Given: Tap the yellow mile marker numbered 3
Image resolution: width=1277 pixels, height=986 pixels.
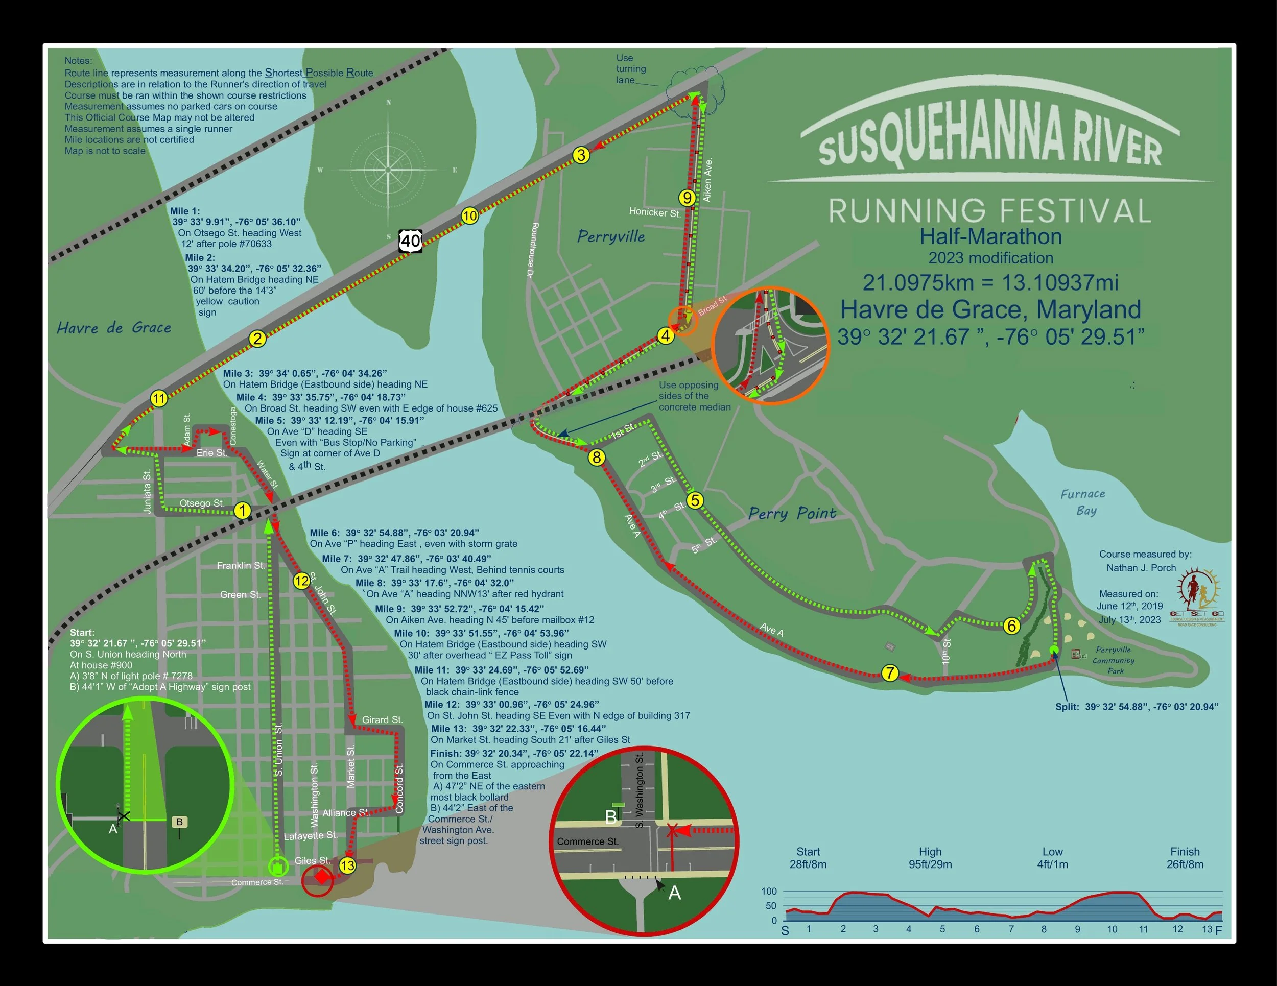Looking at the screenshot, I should coord(581,155).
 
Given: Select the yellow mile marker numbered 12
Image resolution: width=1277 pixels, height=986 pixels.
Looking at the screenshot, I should coord(301,581).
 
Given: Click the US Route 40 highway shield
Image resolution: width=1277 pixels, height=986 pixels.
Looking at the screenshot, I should coord(411,241).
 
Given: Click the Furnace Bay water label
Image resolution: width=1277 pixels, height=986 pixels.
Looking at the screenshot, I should coord(1082,501).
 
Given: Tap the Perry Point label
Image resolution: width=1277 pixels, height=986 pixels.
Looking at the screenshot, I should coord(792,513).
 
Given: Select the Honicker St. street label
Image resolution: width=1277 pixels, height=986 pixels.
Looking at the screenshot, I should coord(654,212).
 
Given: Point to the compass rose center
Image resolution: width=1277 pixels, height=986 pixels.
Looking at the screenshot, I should coord(388,170).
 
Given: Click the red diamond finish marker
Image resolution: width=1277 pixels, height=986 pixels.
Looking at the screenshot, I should coord(320,877).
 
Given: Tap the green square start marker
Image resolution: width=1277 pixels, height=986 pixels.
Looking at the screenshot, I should coord(278,867).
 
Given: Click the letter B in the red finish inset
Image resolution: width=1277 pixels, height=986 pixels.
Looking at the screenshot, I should coord(611,816).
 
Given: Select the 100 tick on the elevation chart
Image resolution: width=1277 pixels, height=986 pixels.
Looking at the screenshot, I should coord(769,892).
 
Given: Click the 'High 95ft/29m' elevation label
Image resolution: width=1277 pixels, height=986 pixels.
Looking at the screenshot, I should coord(930,857).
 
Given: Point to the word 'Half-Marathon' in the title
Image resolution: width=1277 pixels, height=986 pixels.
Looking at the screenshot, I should coord(990,236).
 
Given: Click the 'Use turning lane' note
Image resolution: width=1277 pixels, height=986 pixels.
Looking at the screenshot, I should coord(630,69).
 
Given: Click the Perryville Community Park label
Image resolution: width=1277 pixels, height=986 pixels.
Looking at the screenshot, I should coord(1113,660).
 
